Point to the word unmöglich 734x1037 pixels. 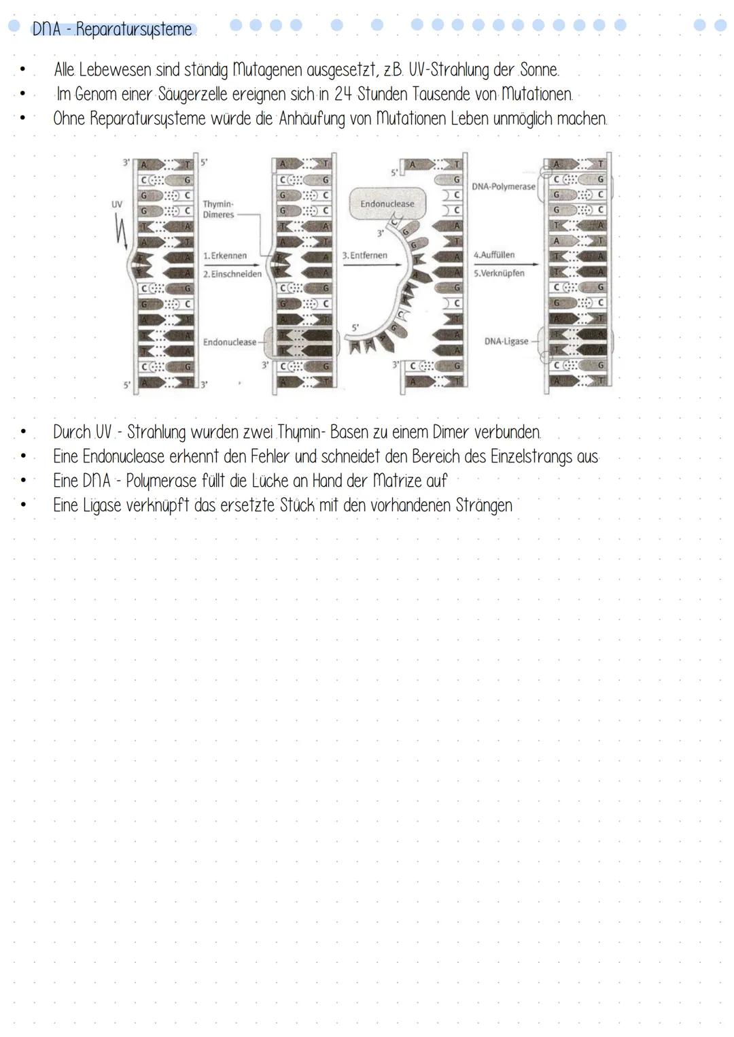(x=523, y=118)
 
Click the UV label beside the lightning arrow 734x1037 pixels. (x=116, y=203)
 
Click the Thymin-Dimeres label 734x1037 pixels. (x=218, y=209)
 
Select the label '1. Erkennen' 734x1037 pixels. (x=225, y=256)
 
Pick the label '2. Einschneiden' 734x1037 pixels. (x=232, y=273)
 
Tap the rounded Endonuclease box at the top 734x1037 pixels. (x=387, y=204)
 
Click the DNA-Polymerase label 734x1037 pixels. (x=503, y=186)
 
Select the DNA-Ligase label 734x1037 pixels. (x=506, y=341)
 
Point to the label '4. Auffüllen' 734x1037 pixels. (x=494, y=255)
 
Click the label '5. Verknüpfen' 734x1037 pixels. (x=500, y=273)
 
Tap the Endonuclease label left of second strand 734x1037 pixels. (x=229, y=342)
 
